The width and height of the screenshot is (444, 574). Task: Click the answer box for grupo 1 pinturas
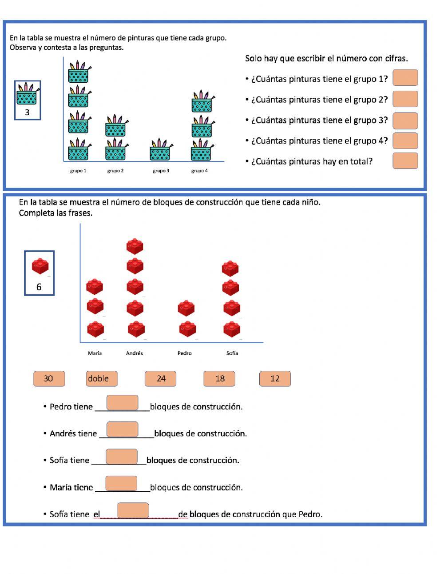pos(405,78)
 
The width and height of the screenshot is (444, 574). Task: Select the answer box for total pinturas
pos(405,161)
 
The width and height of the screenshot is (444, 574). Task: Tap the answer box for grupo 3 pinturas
pos(405,120)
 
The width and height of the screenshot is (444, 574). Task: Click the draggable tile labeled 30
pos(49,379)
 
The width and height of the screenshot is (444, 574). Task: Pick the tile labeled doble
pos(102,379)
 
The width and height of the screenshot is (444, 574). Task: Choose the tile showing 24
pos(160,379)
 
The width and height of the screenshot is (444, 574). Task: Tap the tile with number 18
pos(219,379)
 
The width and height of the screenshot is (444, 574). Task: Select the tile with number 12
pos(275,379)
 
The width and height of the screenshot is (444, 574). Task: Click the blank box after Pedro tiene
pos(123,403)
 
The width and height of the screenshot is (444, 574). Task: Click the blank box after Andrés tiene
pos(123,429)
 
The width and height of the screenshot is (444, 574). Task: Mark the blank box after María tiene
pos(121,483)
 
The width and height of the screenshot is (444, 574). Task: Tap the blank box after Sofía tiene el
pos(133,510)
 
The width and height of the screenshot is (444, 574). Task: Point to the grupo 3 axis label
pos(161,171)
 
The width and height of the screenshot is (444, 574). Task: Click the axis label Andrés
pos(135,353)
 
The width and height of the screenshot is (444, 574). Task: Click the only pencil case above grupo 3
pos(161,150)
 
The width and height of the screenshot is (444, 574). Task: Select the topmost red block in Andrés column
pos(135,246)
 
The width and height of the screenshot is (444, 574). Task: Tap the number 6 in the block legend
pos(39,287)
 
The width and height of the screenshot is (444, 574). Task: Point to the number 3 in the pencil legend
pos(27,112)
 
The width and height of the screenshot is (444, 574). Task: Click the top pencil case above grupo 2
pos(116,126)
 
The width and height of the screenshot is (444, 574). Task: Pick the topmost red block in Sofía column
pos(230,268)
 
